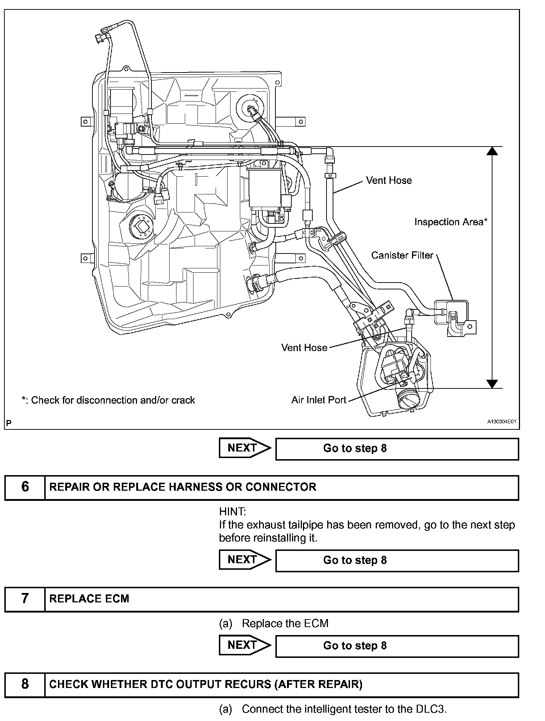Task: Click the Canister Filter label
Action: pyautogui.click(x=402, y=255)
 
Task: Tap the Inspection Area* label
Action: pyautogui.click(x=451, y=222)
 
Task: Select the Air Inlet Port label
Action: pyautogui.click(x=319, y=400)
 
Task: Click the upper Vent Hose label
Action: pyautogui.click(x=388, y=180)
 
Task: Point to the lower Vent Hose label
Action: pyautogui.click(x=304, y=347)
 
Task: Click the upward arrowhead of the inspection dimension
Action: pyautogui.click(x=492, y=151)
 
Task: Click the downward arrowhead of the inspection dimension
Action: pyautogui.click(x=492, y=384)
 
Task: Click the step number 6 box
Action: pyautogui.click(x=25, y=487)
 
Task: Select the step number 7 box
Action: pyautogui.click(x=25, y=598)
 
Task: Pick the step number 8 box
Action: pyautogui.click(x=25, y=684)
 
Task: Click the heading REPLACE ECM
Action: pyautogui.click(x=89, y=598)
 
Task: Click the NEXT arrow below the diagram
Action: pyautogui.click(x=245, y=448)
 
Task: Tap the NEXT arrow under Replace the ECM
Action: pyautogui.click(x=245, y=646)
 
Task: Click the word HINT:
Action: pyautogui.click(x=232, y=512)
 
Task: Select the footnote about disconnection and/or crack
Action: pyautogui.click(x=108, y=400)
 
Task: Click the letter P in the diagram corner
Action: pyautogui.click(x=9, y=423)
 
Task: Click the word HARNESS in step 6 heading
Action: pyautogui.click(x=195, y=487)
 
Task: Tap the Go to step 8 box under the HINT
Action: pyautogui.click(x=397, y=560)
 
